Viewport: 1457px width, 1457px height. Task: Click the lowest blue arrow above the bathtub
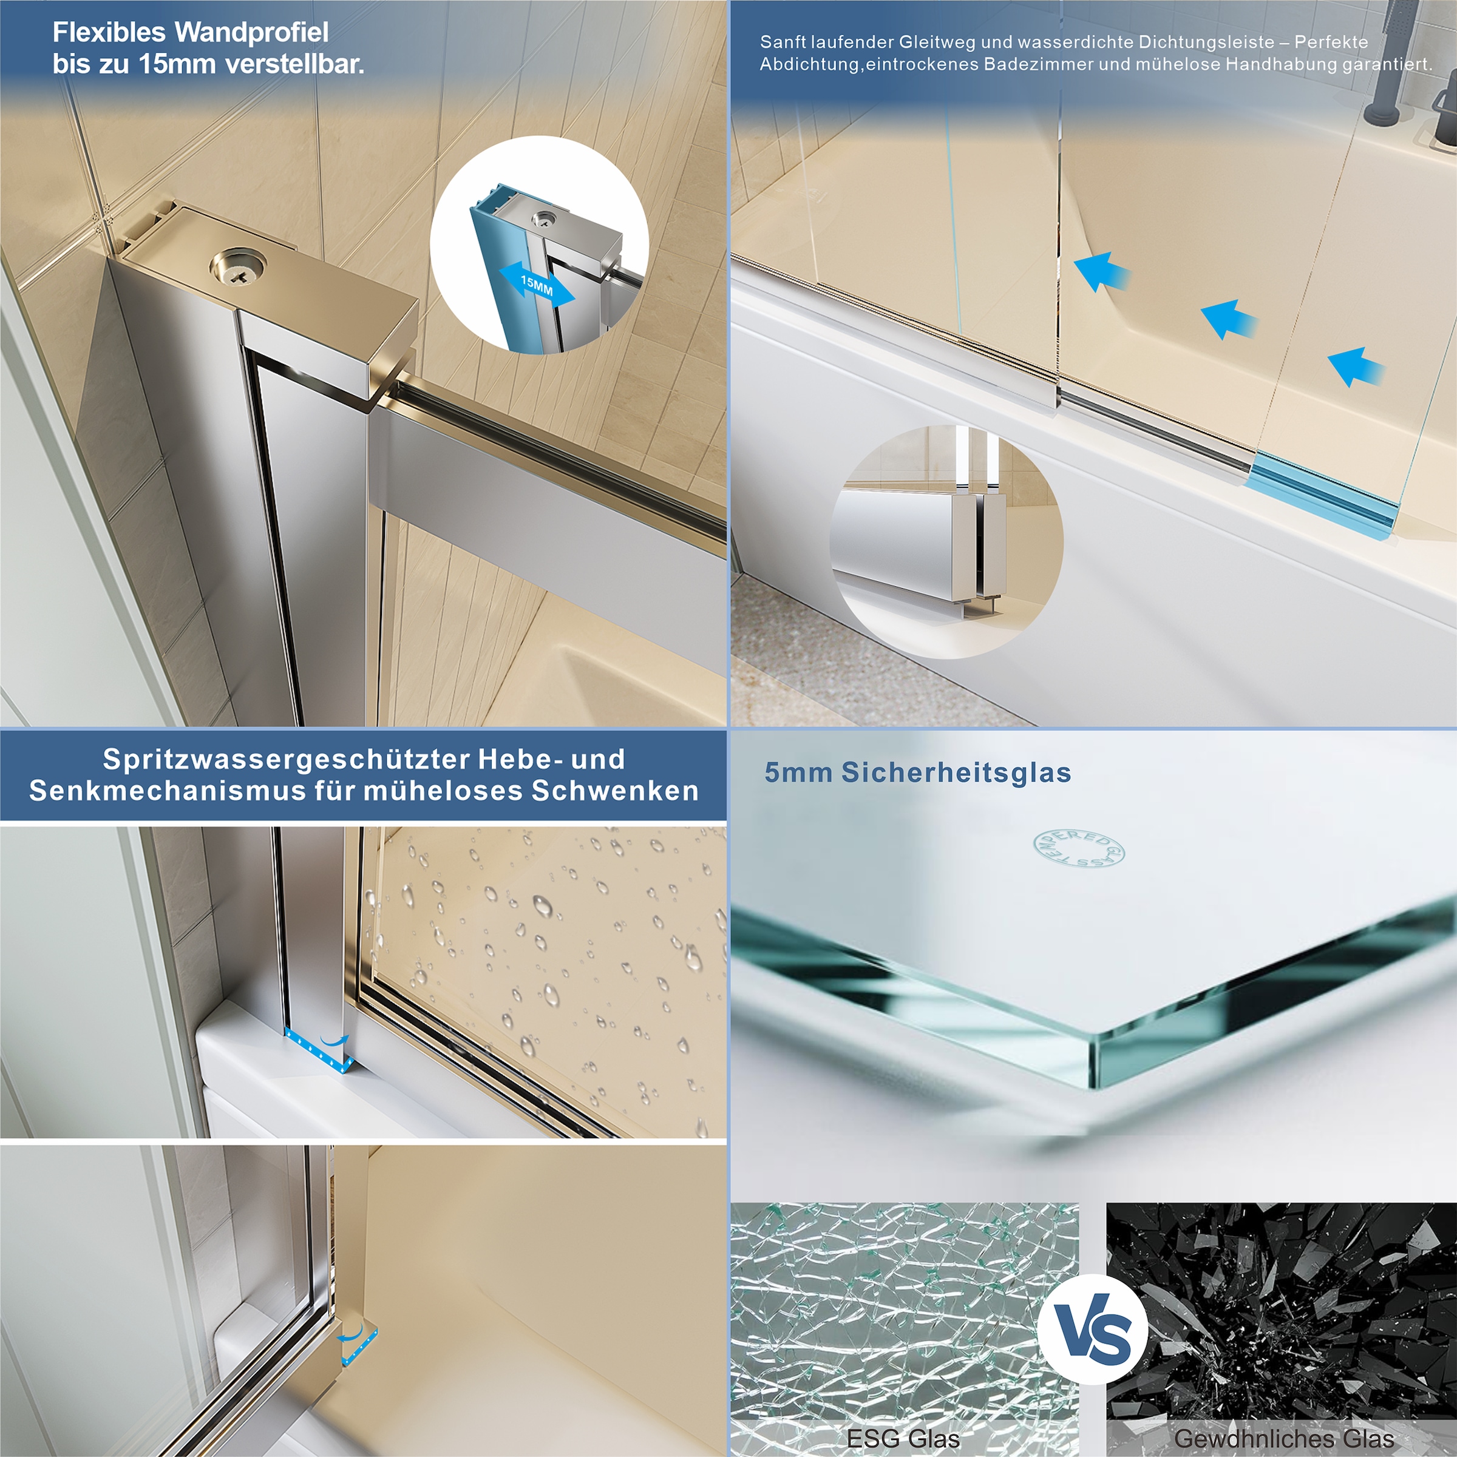pyautogui.click(x=1356, y=367)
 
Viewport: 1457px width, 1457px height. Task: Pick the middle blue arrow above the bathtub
pyautogui.click(x=1228, y=319)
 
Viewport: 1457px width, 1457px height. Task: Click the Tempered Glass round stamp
pyautogui.click(x=1078, y=849)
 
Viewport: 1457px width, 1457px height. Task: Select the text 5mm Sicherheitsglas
pyautogui.click(x=917, y=772)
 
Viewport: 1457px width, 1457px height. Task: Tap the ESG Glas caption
pyautogui.click(x=903, y=1439)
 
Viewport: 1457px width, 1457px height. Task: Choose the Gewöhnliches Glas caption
pyautogui.click(x=1284, y=1439)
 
